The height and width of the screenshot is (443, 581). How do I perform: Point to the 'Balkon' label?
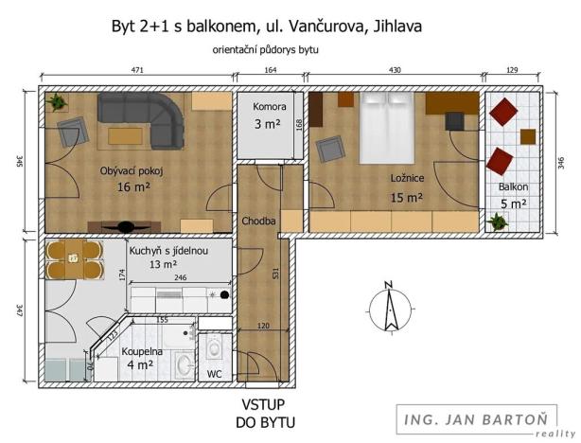click(514, 186)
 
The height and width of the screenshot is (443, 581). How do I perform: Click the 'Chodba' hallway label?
click(258, 221)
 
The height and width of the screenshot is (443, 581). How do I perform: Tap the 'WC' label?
click(215, 374)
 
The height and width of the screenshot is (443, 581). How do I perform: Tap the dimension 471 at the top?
click(136, 69)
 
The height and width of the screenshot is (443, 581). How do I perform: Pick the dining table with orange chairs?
click(73, 257)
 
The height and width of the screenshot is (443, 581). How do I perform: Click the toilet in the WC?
click(215, 347)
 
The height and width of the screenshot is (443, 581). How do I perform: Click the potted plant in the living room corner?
click(58, 99)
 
